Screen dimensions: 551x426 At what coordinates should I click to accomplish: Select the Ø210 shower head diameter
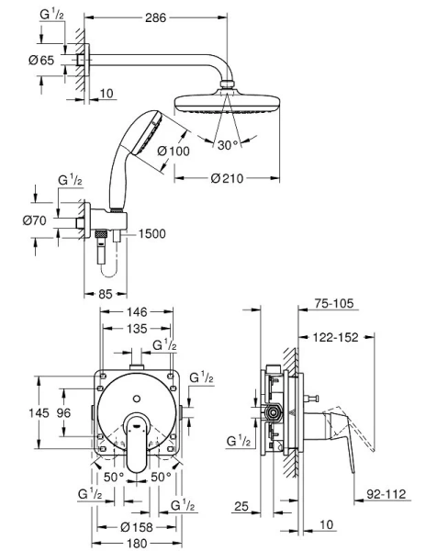[220, 179]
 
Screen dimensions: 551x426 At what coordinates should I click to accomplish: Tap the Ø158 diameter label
[140, 526]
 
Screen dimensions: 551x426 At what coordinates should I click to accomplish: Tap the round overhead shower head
[221, 105]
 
